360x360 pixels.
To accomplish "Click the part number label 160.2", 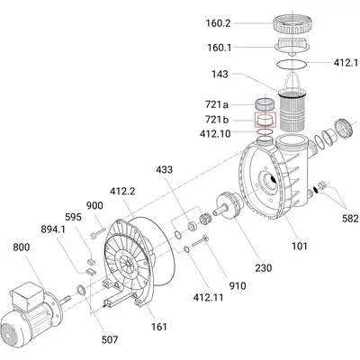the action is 218,23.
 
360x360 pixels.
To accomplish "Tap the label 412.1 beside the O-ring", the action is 346,63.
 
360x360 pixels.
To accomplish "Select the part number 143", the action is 220,74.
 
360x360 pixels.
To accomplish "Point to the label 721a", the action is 217,104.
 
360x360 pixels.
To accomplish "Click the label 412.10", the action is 215,133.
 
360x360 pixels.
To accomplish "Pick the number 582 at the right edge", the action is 350,218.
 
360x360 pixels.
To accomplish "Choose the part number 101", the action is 300,246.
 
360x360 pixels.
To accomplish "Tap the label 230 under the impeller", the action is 264,267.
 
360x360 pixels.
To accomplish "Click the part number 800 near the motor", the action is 22,247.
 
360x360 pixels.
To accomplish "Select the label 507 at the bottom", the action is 110,339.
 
